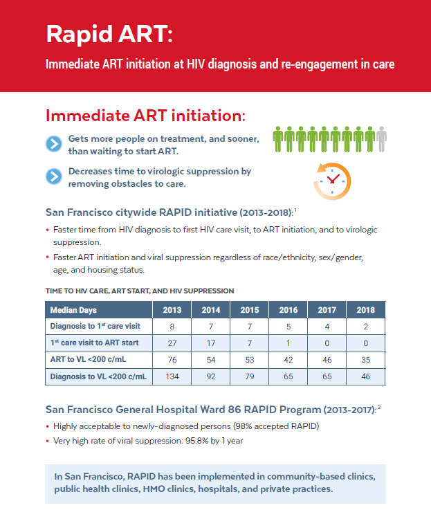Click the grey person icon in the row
pos(382,139)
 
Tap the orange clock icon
pos(332,181)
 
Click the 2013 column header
pos(172,310)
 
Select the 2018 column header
pos(366,310)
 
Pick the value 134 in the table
pos(172,376)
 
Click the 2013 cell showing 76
pos(172,360)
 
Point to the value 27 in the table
pos(172,343)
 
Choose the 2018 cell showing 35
pos(366,360)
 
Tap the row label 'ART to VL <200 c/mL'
pos(88,359)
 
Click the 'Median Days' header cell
pos(99,310)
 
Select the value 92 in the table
pos(211,376)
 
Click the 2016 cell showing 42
pos(288,360)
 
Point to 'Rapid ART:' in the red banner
pos(109,34)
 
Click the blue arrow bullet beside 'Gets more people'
pos(54,144)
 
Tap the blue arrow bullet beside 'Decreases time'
pos(54,176)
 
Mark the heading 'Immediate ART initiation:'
pos(146,116)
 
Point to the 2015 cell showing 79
pos(250,376)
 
